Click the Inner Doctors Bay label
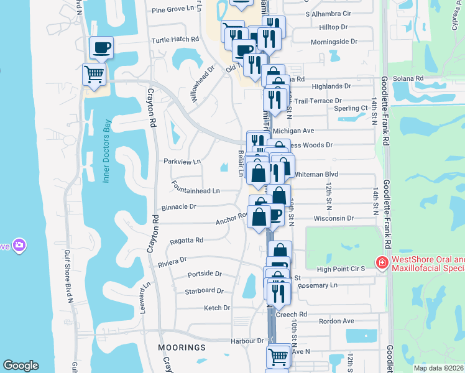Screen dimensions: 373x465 [106, 152]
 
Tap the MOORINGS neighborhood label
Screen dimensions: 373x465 [182, 347]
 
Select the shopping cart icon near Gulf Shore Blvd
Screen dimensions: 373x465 [94, 75]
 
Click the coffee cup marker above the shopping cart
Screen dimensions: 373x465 [101, 47]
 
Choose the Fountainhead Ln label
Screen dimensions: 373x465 [196, 191]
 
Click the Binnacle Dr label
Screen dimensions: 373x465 [179, 206]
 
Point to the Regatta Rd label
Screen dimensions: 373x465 [186, 240]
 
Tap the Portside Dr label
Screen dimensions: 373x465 [205, 274]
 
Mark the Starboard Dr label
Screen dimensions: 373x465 [204, 290]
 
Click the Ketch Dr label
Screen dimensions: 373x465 [217, 308]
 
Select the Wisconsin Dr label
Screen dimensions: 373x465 [333, 219]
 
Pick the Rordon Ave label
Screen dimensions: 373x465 [336, 321]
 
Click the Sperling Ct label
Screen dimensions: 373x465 [351, 108]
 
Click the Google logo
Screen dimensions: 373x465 [21, 366]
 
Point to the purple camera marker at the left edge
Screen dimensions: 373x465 [20, 246]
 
